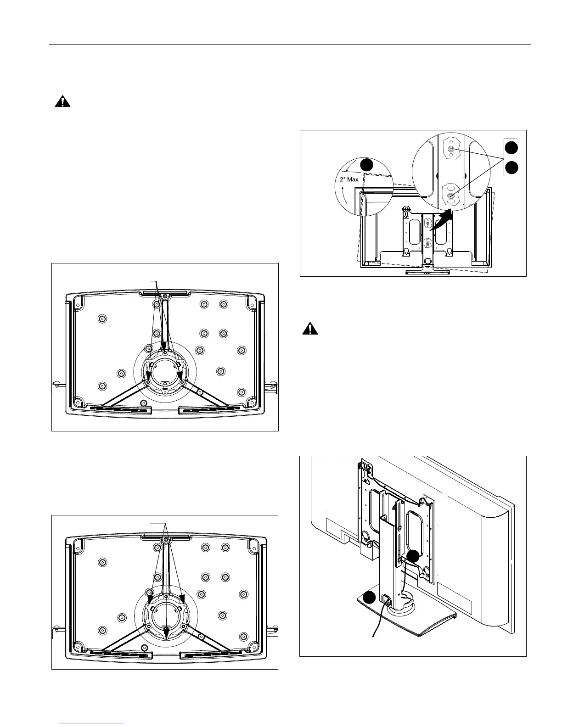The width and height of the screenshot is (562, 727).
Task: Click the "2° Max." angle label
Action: click(350, 179)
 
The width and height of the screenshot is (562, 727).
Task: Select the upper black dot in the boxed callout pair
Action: click(511, 147)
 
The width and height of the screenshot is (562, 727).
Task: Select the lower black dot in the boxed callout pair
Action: click(511, 168)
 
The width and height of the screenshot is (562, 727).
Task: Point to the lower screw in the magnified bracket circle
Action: click(451, 196)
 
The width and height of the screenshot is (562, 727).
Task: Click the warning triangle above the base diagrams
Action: click(62, 102)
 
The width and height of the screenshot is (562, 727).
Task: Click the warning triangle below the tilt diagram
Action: click(310, 329)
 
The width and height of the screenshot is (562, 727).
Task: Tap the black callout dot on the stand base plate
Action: click(369, 598)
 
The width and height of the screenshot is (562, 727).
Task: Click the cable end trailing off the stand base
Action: click(372, 636)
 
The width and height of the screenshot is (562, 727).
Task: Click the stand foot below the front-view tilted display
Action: click(427, 272)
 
